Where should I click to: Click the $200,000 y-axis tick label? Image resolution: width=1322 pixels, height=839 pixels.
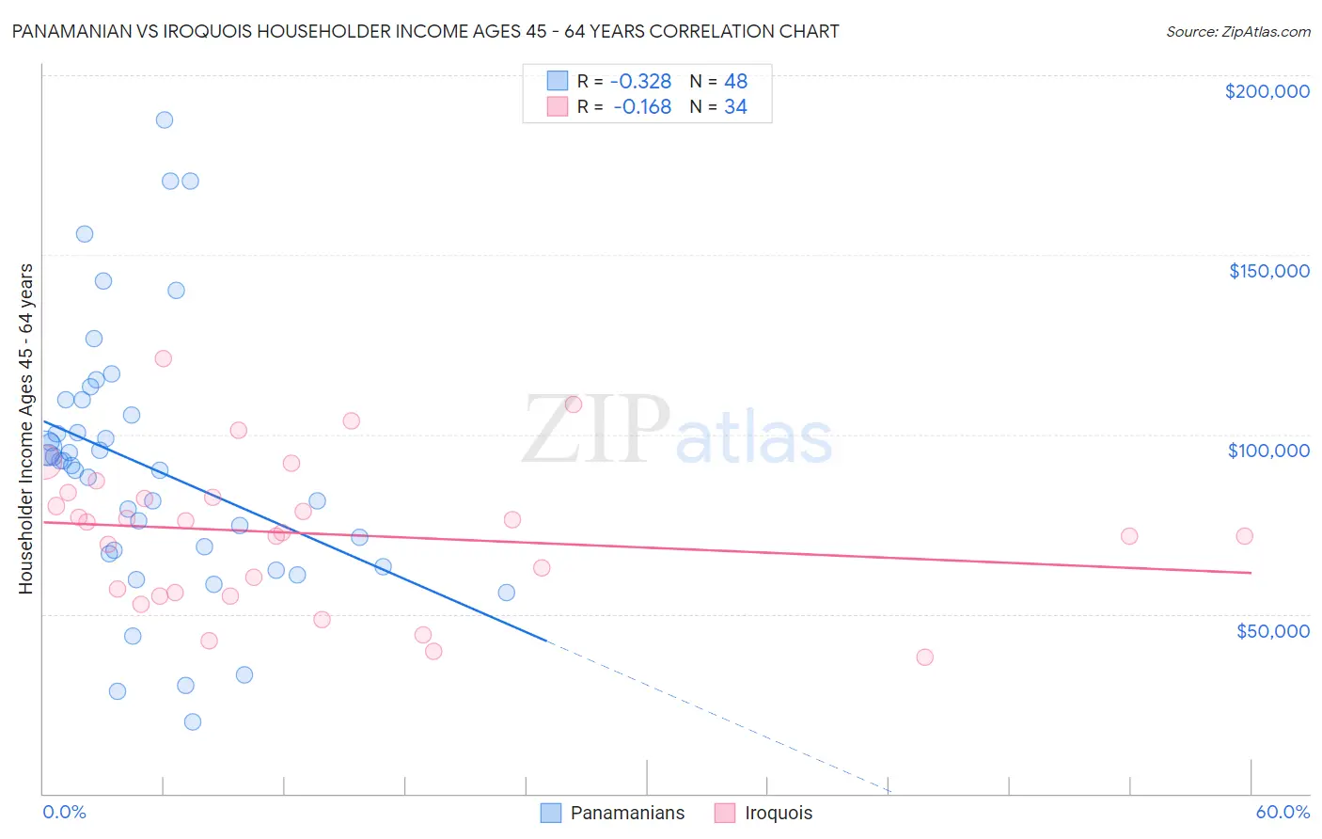[x=1267, y=91]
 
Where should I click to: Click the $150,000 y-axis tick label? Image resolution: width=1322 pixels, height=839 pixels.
[x=1268, y=271]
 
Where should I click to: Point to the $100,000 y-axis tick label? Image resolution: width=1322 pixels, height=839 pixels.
[x=1268, y=451]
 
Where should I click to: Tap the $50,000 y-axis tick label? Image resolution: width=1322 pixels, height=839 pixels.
[x=1272, y=630]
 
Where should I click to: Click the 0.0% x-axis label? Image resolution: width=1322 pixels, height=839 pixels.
[x=64, y=812]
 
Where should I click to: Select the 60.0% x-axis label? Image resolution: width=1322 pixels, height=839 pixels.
[x=1283, y=812]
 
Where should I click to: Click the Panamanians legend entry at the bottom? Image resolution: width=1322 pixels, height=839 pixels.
[x=613, y=813]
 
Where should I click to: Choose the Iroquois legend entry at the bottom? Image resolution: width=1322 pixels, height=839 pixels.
[x=763, y=813]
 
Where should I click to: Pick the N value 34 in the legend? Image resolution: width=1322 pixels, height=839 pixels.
[x=735, y=107]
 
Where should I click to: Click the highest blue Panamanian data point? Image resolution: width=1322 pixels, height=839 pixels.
[x=165, y=119]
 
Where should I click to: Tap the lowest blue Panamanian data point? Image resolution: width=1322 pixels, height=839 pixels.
[x=193, y=721]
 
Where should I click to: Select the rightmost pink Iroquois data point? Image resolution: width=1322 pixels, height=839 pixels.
[x=1244, y=536]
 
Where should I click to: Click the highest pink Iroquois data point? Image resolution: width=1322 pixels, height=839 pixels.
[x=164, y=358]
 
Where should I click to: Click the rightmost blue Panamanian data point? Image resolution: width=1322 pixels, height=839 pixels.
[x=507, y=593]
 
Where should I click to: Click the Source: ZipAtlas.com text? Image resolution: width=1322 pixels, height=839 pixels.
[x=1237, y=32]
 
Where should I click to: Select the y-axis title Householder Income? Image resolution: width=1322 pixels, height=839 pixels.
[x=25, y=429]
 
